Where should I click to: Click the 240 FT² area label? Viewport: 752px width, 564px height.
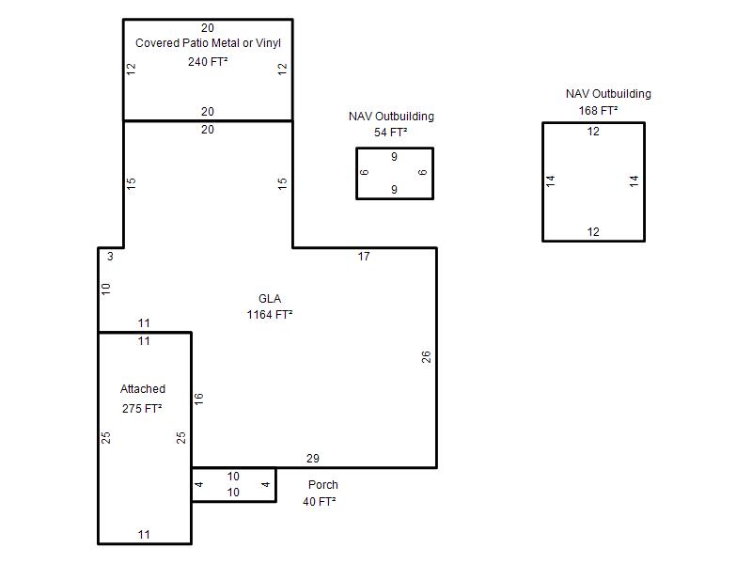tap(208, 62)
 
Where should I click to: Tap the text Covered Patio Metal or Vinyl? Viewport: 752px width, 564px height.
tap(208, 43)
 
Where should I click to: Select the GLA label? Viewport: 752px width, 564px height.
tap(270, 299)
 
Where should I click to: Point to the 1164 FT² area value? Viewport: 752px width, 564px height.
tap(270, 315)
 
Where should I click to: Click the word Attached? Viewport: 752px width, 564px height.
tap(143, 389)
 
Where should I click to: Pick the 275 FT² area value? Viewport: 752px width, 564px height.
tap(142, 409)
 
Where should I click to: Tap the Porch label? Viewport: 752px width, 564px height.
tap(322, 485)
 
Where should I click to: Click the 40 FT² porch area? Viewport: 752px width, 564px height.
tap(319, 502)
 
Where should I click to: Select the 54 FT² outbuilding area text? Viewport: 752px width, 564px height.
tap(390, 133)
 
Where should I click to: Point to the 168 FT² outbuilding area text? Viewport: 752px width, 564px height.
tap(598, 111)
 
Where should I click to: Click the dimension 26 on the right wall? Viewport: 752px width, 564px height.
tap(427, 357)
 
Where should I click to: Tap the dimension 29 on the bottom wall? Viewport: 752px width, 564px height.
tap(313, 459)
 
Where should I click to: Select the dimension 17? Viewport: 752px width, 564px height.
tap(364, 257)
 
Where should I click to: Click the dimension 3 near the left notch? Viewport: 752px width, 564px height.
tap(110, 257)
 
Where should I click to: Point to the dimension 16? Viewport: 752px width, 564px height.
tap(199, 399)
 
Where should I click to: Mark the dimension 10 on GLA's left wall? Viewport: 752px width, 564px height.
tap(106, 289)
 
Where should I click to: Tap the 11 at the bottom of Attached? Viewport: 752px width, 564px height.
tap(144, 535)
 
